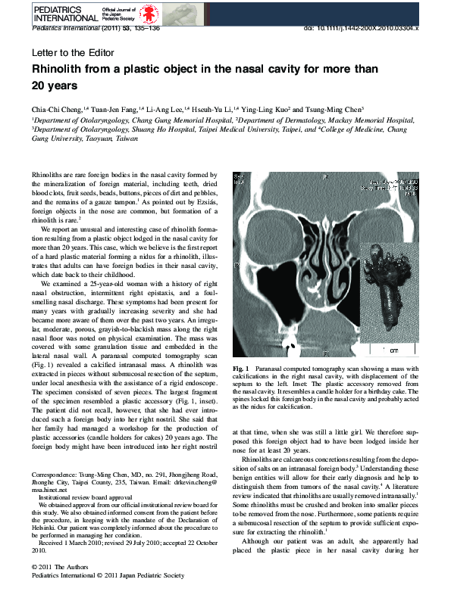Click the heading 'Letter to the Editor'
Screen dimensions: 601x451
pyautogui.click(x=73, y=53)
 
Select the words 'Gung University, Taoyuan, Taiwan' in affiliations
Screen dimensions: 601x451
pyautogui.click(x=84, y=140)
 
